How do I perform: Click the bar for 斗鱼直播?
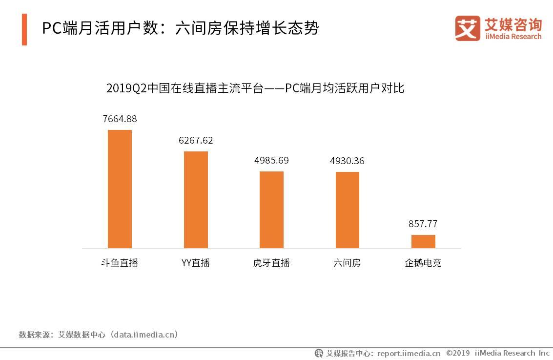click(x=120, y=189)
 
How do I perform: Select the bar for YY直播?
click(x=196, y=200)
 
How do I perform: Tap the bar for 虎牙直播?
click(x=271, y=210)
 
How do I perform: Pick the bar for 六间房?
click(x=347, y=210)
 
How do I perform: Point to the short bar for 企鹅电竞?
click(x=423, y=241)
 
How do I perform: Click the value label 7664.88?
click(x=120, y=119)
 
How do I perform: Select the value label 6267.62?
click(x=196, y=141)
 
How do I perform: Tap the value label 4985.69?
click(x=271, y=160)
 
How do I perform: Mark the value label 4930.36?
click(x=347, y=161)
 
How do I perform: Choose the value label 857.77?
click(x=423, y=224)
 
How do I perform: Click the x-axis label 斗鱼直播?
click(x=120, y=263)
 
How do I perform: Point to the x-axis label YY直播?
click(x=196, y=263)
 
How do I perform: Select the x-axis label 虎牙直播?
click(x=271, y=263)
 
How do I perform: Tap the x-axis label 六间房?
click(x=347, y=263)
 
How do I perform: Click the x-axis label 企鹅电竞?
click(x=423, y=263)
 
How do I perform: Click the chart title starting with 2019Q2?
click(x=255, y=88)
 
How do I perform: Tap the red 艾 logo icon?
click(x=468, y=28)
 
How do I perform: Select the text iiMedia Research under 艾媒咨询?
click(x=513, y=37)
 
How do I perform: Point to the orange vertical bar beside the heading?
click(x=24, y=29)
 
